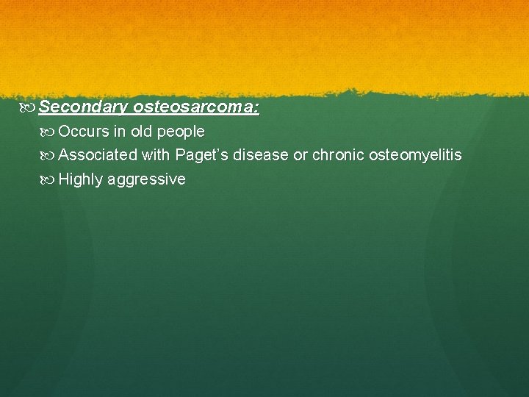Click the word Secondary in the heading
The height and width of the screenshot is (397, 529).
[83, 108]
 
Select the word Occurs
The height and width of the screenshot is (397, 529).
[83, 132]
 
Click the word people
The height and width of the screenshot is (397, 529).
[181, 133]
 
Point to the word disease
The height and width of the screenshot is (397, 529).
[263, 155]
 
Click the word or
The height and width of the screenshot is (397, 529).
[301, 156]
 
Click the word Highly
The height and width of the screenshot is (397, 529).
[81, 179]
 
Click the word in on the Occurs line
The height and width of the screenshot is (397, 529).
[119, 132]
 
